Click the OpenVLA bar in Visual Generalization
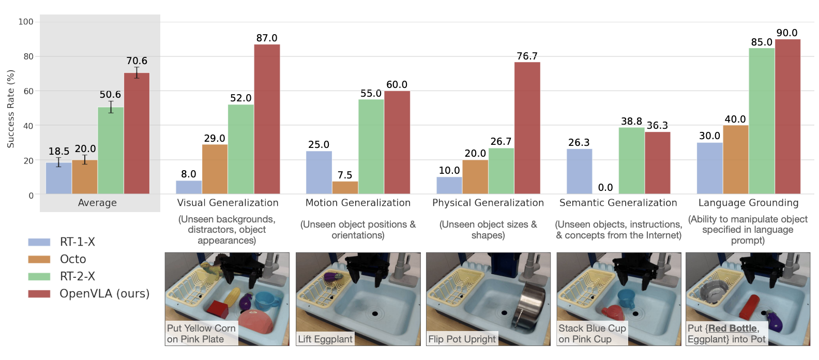click(x=267, y=119)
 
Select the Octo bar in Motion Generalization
click(x=345, y=187)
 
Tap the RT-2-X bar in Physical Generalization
click(x=501, y=171)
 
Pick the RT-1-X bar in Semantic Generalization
click(x=579, y=171)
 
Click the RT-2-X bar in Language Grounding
click(x=762, y=121)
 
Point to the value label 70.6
click(x=137, y=61)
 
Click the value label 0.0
click(x=605, y=188)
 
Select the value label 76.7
click(x=527, y=56)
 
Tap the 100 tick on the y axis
click(x=26, y=22)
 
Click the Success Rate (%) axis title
click(x=11, y=109)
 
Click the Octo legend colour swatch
click(x=39, y=259)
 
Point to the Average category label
click(x=97, y=203)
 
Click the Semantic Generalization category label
click(x=618, y=203)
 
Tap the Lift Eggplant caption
click(x=325, y=339)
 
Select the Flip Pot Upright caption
click(x=462, y=339)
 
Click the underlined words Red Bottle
click(x=732, y=328)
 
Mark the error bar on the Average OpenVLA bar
click(x=137, y=72)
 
